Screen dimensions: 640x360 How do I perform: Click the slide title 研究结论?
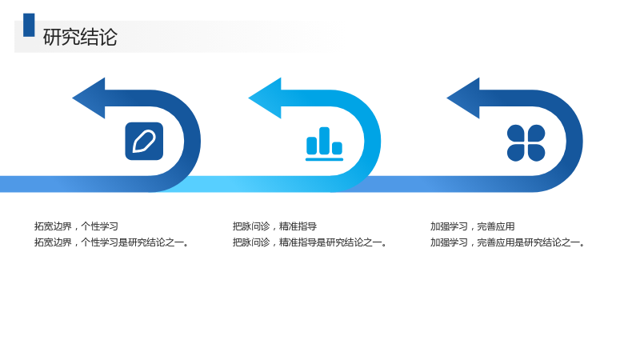[x=80, y=37]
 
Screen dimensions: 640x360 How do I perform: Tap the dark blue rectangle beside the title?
[x=29, y=25]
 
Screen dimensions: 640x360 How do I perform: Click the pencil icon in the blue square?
[x=144, y=142]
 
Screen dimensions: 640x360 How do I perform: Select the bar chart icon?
[x=325, y=144]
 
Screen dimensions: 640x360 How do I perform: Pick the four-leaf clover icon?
[x=526, y=143]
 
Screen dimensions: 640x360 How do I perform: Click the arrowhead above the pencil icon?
[x=89, y=98]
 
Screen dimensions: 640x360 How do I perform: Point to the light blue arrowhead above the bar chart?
[x=265, y=98]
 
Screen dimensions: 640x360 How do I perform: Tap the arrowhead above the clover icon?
[x=463, y=98]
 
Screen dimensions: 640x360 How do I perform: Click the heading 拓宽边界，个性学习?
[x=76, y=226]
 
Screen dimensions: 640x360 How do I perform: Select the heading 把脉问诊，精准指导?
[x=274, y=226]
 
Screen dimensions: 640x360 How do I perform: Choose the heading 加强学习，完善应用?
[x=472, y=226]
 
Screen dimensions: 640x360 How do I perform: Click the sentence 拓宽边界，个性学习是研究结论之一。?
[x=112, y=242]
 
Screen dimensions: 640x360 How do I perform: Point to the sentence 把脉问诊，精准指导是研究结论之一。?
[x=310, y=242]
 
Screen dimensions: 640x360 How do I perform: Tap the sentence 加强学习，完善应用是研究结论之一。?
[x=508, y=242]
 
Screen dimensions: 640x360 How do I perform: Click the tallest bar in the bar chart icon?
[x=325, y=141]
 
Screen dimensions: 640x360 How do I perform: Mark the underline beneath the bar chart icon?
[x=325, y=159]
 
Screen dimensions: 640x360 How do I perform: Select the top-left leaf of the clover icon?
[x=515, y=133]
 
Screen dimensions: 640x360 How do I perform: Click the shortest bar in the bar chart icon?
[x=337, y=148]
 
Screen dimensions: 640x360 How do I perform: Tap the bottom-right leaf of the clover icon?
[x=536, y=153]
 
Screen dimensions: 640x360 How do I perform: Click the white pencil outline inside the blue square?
[x=144, y=142]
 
